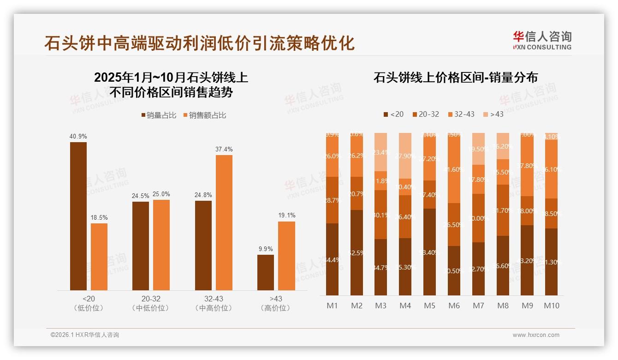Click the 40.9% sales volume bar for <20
pos(78,216)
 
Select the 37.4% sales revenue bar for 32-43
pos(224,222)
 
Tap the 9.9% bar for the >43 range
pos(266,272)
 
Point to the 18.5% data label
pos(99,217)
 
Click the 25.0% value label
pos(161,194)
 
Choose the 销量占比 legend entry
pos(159,115)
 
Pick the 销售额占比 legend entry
pos(205,115)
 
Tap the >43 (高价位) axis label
pos(276,303)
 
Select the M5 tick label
pos(429,306)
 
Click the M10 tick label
pos(551,306)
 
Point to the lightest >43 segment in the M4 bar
pos(405,156)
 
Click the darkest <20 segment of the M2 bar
pos(357,252)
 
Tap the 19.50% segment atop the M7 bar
pos(478,149)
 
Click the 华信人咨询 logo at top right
pos(542,40)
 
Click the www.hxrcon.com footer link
pos(536,335)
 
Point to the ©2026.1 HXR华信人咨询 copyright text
pos(85,335)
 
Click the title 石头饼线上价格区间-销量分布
pos(455,78)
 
